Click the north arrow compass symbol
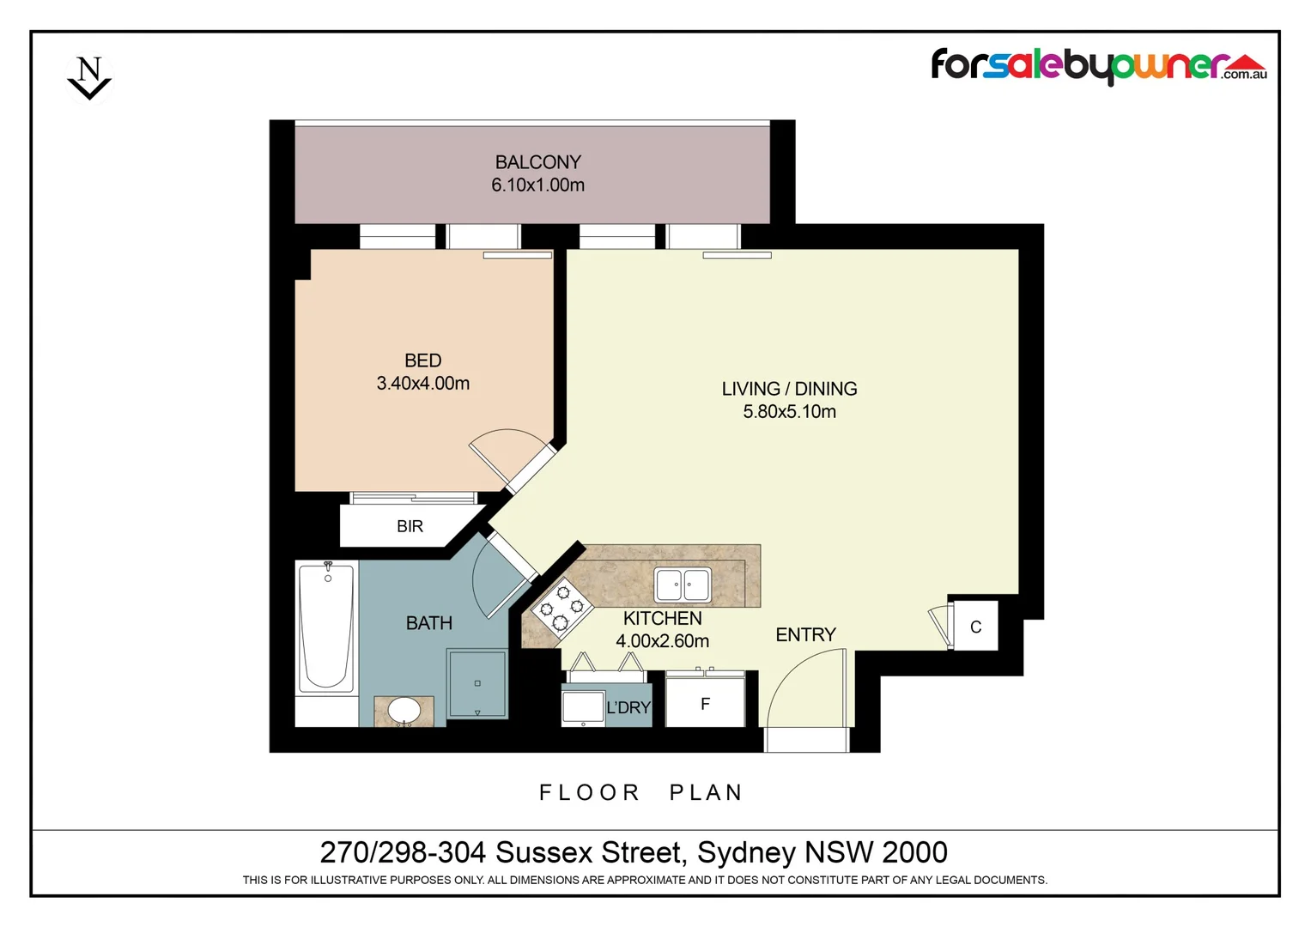click(x=89, y=78)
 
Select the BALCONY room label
click(x=537, y=161)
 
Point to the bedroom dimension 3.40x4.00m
click(x=422, y=384)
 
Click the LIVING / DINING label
click(x=789, y=389)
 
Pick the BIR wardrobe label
click(x=410, y=526)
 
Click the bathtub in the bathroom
click(x=326, y=627)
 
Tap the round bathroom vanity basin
click(x=404, y=711)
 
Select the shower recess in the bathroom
click(x=477, y=683)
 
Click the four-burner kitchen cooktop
click(x=561, y=608)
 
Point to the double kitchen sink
click(x=683, y=585)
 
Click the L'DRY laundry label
click(x=628, y=707)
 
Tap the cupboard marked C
click(x=975, y=627)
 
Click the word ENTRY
click(x=805, y=634)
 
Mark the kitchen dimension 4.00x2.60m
click(x=662, y=641)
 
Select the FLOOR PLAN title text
click(x=640, y=792)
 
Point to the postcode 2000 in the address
click(x=914, y=852)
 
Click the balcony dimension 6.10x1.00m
click(x=537, y=185)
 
